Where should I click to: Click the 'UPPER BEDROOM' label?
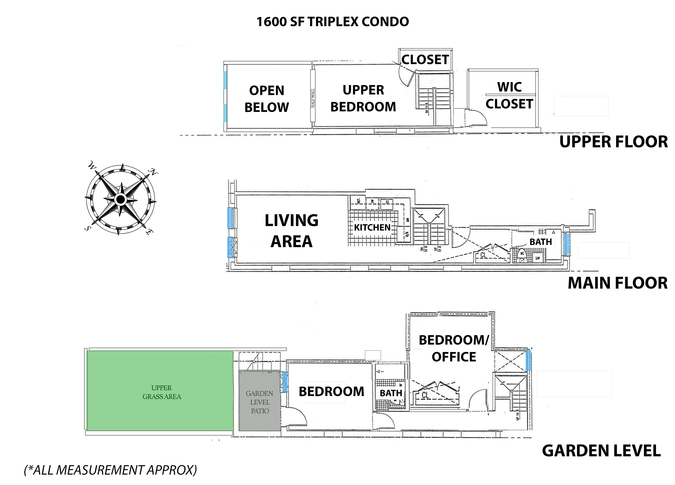coord(363,99)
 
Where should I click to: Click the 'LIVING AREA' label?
coord(291,231)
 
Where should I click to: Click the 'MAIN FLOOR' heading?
coord(618,283)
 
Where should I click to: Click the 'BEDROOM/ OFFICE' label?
coord(454,348)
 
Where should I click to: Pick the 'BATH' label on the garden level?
coord(391,393)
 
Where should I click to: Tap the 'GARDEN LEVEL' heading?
coord(601,451)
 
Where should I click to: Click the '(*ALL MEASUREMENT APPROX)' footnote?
coord(110,470)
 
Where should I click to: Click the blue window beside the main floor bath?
coord(567,245)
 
